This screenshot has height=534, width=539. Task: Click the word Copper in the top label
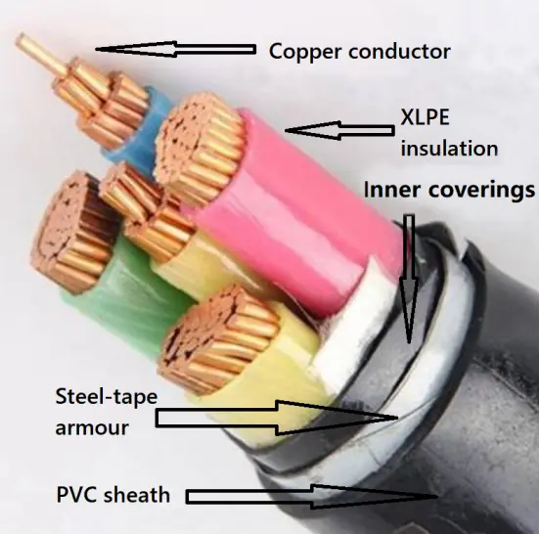click(x=300, y=50)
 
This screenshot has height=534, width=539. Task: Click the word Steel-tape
click(x=107, y=396)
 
